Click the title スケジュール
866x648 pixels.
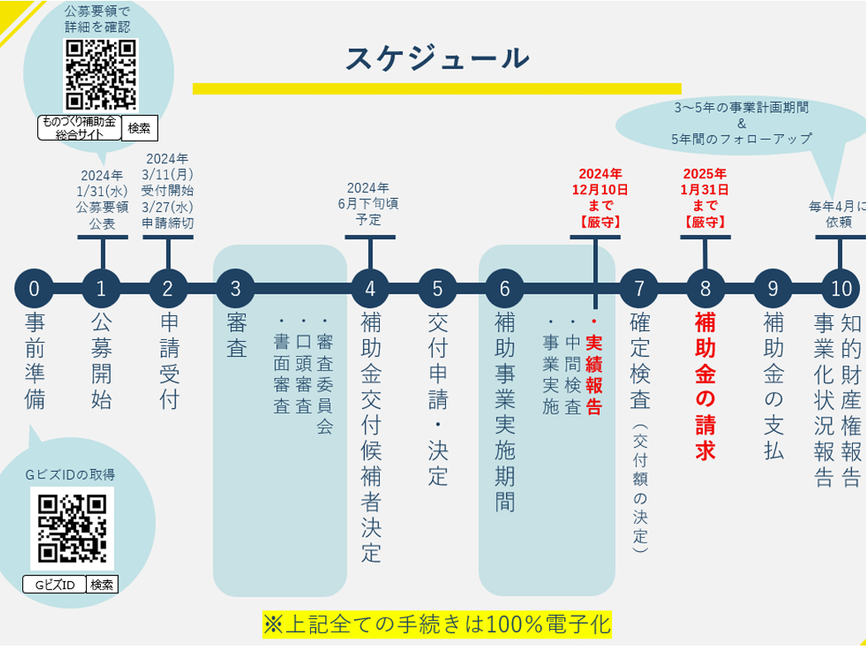437,59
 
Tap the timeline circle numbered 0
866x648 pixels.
34,288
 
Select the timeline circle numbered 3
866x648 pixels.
236,288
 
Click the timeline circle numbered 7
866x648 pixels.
639,288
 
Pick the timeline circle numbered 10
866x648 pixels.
841,288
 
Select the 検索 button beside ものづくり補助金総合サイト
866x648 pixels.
139,127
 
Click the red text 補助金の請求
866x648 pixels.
706,386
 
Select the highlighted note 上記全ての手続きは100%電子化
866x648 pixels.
436,623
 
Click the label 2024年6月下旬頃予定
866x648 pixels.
368,204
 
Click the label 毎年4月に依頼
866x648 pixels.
837,214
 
